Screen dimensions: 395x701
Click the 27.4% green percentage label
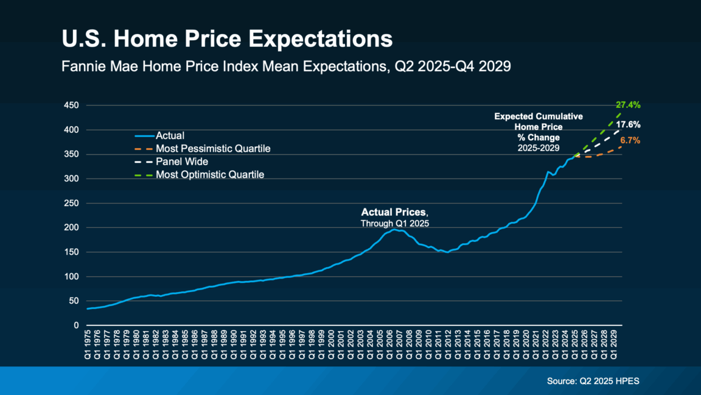tap(627, 105)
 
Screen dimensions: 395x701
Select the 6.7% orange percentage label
tap(630, 141)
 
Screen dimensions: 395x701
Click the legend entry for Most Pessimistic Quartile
tap(213, 149)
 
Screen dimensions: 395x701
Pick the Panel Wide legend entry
tap(182, 162)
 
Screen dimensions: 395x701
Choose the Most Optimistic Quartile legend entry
tap(210, 175)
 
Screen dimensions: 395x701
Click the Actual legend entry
tap(170, 136)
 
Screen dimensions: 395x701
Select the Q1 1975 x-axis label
tap(89, 343)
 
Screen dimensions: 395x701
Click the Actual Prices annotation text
tap(394, 213)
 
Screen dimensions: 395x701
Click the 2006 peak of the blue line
tap(395, 229)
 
